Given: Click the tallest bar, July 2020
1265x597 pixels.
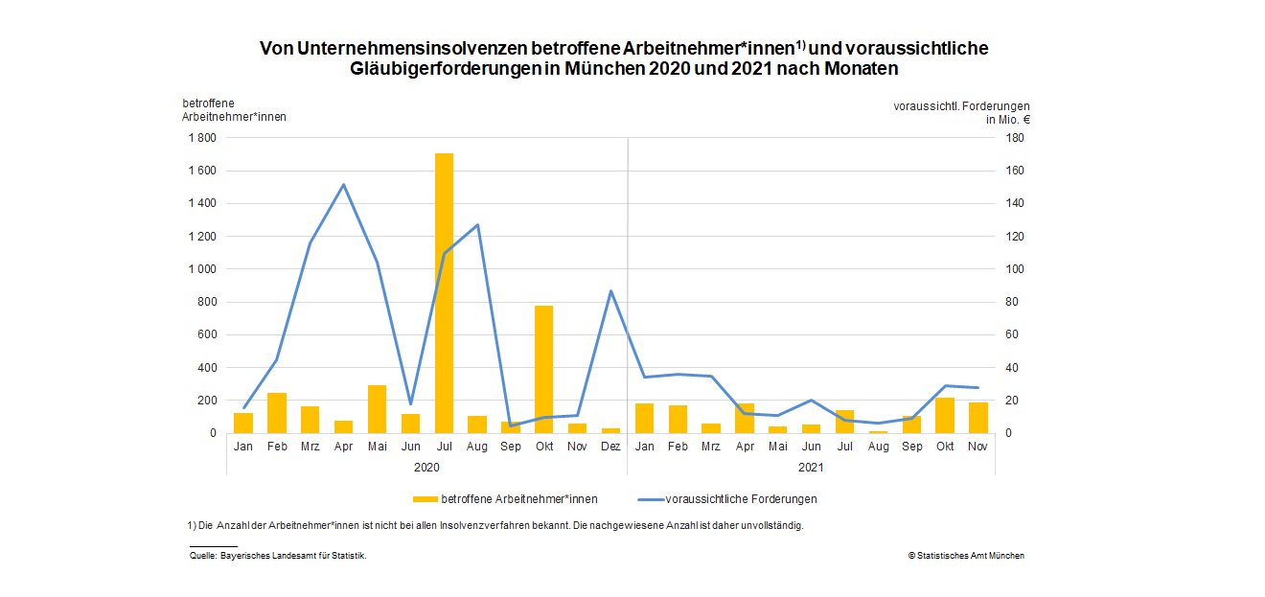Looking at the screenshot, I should click(x=444, y=292).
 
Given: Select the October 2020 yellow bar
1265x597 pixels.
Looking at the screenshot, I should click(x=543, y=369).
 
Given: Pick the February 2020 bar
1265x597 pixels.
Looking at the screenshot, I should click(x=277, y=413).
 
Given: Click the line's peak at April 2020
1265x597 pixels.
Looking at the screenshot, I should click(x=343, y=185).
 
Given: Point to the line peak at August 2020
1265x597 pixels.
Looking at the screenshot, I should click(x=477, y=225).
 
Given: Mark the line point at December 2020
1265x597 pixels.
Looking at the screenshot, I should click(x=610, y=291).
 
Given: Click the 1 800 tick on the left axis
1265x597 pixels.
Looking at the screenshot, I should click(x=202, y=138).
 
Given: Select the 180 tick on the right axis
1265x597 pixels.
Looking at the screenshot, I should click(x=1014, y=138).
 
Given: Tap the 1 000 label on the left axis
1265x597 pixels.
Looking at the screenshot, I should click(x=202, y=269).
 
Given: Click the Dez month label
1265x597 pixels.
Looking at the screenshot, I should click(x=610, y=446).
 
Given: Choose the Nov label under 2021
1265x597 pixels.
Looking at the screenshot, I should click(x=977, y=446).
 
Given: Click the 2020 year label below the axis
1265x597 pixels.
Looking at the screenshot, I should click(x=426, y=467).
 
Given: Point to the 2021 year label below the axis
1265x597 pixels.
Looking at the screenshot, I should click(x=811, y=467).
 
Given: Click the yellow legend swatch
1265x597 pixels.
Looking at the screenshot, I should click(x=425, y=499).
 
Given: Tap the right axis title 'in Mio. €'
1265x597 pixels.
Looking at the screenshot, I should click(x=1008, y=121).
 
